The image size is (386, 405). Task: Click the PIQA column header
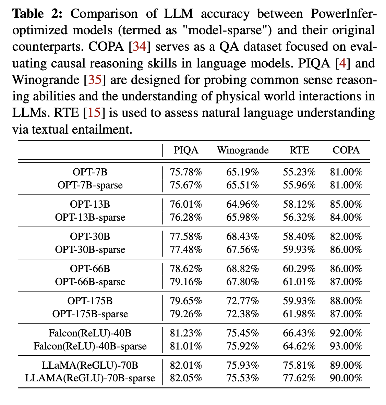tap(186, 150)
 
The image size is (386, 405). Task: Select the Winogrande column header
tap(243, 150)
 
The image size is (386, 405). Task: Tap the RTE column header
tap(299, 150)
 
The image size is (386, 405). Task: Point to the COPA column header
tap(346, 150)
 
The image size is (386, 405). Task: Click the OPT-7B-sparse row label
tap(90, 185)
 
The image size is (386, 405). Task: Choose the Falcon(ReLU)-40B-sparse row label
tap(90, 346)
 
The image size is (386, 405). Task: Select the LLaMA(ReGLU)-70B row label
tap(90, 366)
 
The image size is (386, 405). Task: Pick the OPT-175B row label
tap(90, 301)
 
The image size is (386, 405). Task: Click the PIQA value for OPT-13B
tap(186, 205)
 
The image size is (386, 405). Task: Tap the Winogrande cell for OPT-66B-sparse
tap(243, 282)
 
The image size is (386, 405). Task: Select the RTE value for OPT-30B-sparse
tap(299, 250)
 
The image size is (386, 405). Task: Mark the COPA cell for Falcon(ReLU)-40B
tap(346, 333)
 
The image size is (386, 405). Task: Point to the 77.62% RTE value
tap(299, 378)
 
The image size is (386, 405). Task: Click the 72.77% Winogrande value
tap(243, 301)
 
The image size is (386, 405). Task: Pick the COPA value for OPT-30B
tap(346, 237)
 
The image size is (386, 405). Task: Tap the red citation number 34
tap(140, 47)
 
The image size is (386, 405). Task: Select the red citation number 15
tap(94, 113)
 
